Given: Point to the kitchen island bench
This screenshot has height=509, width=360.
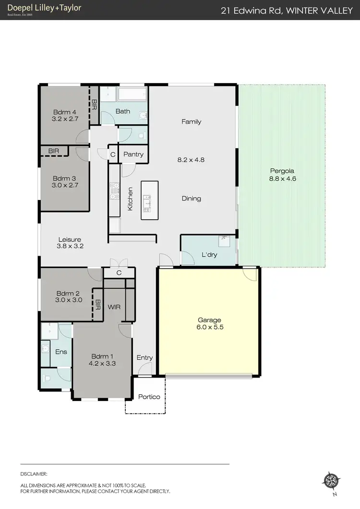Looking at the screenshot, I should click(x=149, y=200).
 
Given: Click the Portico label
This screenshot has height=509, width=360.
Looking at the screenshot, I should click(x=149, y=397).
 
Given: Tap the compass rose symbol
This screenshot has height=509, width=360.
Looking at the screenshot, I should click(x=332, y=480).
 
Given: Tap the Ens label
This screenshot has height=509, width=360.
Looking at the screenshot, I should click(x=61, y=352).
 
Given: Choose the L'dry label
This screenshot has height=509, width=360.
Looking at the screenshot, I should click(x=209, y=255).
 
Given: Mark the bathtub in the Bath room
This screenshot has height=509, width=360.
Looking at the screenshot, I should click(x=132, y=95).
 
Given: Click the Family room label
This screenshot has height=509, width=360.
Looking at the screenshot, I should click(x=191, y=122).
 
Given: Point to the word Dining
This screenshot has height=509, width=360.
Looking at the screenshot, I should click(x=191, y=199).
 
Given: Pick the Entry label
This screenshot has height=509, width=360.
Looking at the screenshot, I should click(x=144, y=357).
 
